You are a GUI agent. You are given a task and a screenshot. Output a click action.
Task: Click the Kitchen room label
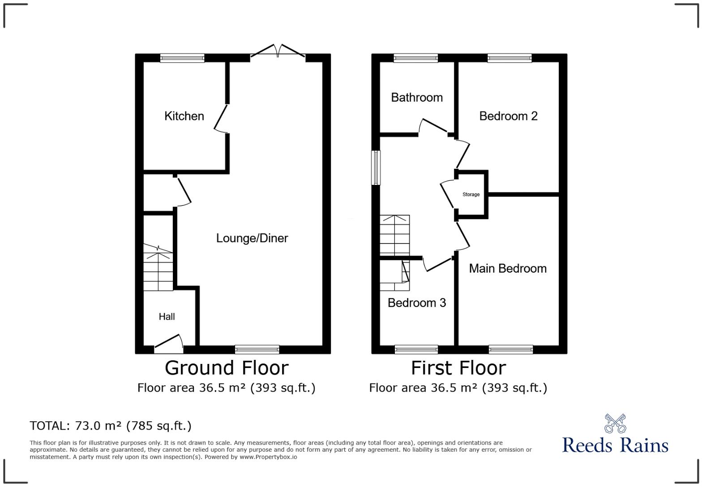[184, 116]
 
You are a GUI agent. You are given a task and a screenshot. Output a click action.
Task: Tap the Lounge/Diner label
[252, 238]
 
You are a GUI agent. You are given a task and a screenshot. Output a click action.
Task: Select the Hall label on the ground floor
[167, 316]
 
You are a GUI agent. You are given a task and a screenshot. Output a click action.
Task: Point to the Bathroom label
[416, 98]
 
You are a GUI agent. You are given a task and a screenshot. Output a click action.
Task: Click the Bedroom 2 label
[508, 116]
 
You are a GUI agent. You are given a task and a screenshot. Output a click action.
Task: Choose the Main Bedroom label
[507, 268]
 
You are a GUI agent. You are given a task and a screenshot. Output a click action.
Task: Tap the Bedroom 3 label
[416, 303]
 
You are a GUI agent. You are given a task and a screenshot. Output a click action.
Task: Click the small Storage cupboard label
[471, 195]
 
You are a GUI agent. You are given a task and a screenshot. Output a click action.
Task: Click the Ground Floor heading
[227, 368]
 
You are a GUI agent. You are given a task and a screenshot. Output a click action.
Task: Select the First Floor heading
[458, 368]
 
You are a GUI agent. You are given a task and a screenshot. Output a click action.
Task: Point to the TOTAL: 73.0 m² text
[110, 426]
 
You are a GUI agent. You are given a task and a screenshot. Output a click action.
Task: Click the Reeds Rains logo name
[615, 445]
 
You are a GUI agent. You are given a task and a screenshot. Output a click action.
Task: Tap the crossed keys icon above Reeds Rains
[615, 423]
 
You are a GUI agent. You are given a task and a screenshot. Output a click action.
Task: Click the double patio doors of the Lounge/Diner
[278, 51]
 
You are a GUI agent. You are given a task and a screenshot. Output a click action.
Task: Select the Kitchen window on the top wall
[182, 58]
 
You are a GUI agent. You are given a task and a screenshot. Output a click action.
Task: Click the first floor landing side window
[376, 168]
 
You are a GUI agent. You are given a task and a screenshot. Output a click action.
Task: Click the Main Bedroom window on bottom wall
[510, 350]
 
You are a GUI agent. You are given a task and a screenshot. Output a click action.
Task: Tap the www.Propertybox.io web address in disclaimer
[268, 457]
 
